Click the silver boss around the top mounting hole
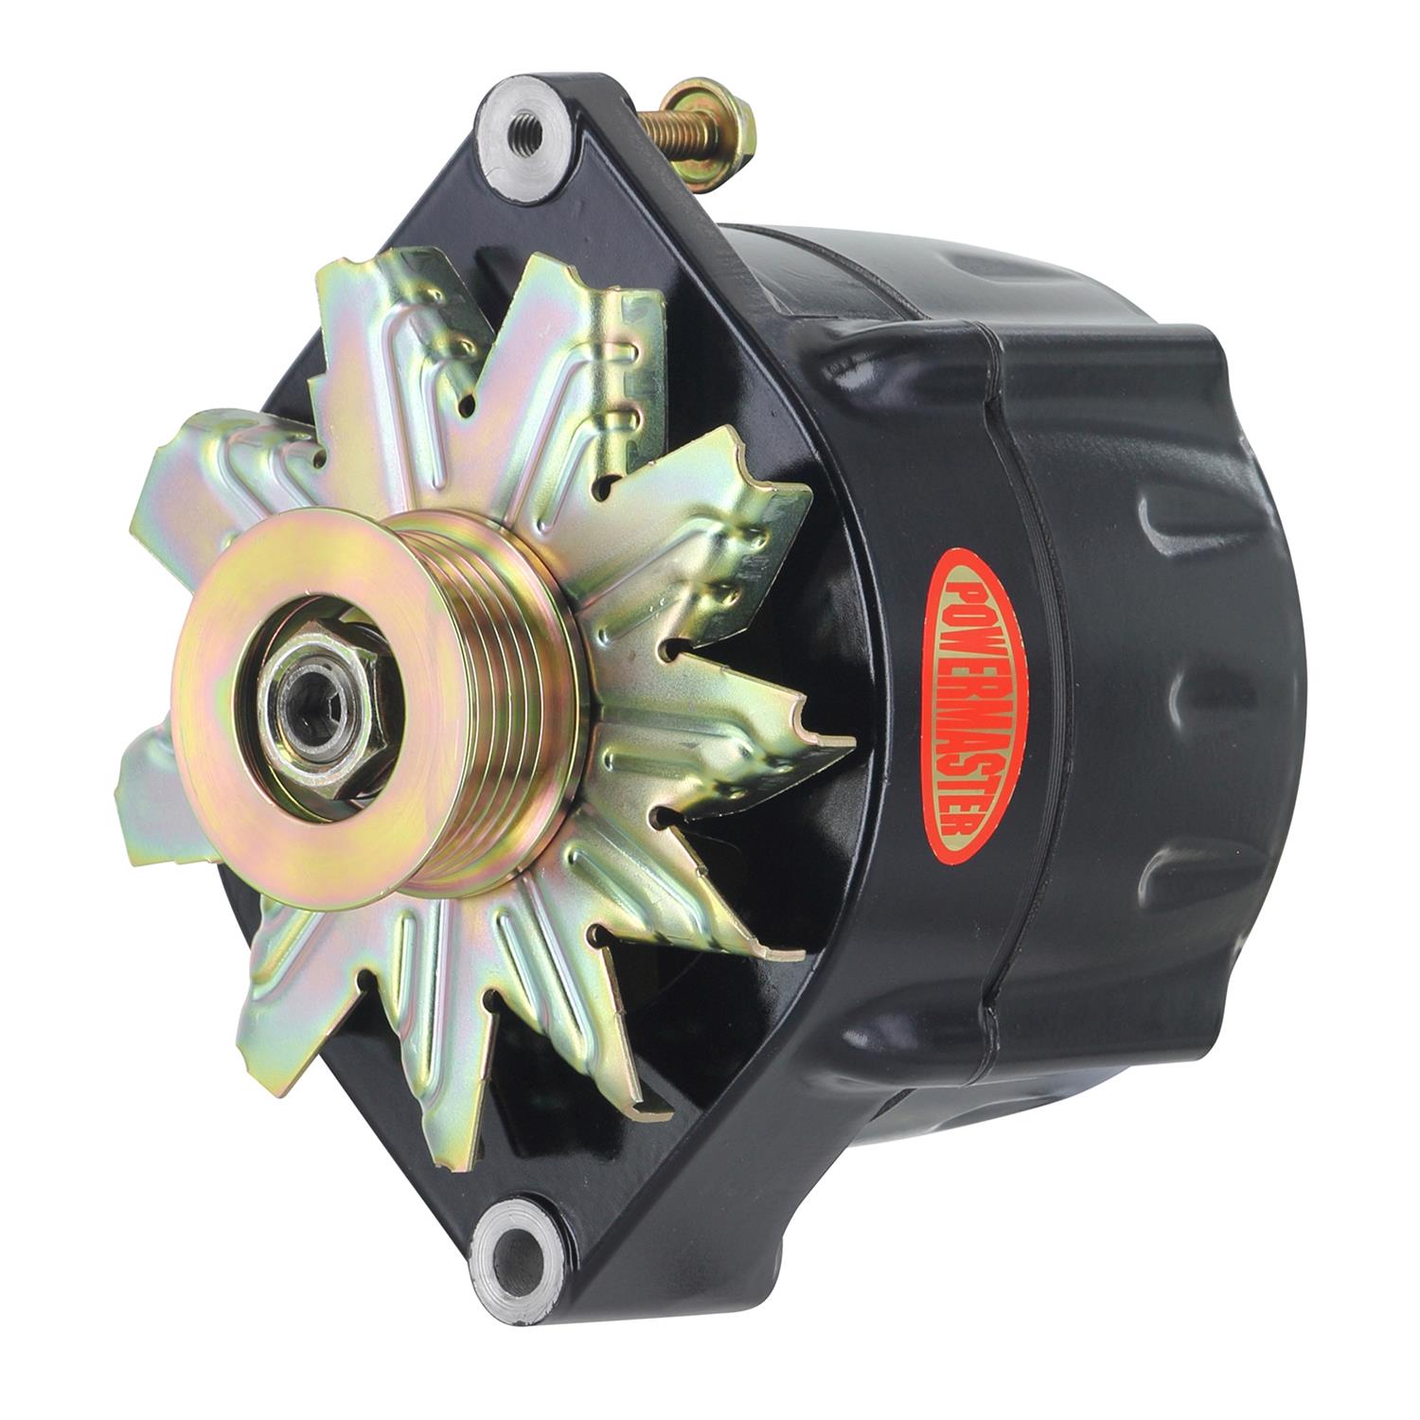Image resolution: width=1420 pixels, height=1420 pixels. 502,161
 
